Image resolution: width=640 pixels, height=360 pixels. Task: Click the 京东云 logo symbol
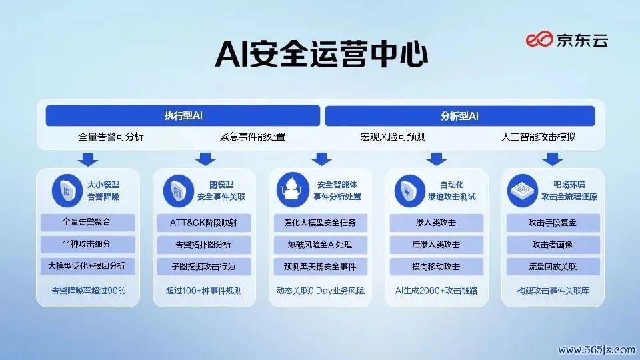coord(539,39)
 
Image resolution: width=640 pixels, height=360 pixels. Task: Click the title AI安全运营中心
coord(321,54)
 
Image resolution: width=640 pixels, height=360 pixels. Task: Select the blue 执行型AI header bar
coord(183,116)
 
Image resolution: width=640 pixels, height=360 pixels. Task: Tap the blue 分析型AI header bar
coord(459,116)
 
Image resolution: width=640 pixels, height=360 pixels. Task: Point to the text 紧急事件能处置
coord(252,137)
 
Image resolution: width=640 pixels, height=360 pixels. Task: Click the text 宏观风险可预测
coord(393,137)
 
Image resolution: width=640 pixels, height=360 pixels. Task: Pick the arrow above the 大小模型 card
coord(88,159)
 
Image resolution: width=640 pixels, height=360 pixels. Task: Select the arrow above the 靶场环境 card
coord(553,159)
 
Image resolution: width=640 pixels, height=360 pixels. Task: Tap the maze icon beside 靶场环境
coord(523,191)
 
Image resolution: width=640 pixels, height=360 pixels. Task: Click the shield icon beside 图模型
coord(179,191)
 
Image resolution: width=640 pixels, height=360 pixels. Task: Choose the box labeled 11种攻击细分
coord(87,244)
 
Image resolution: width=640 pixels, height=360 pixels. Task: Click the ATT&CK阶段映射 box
coord(204,223)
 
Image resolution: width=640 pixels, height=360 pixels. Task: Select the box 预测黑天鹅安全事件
coord(321,267)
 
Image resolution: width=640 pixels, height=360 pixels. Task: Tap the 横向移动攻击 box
coord(436,267)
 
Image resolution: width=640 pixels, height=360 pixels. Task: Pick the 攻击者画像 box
coord(553,245)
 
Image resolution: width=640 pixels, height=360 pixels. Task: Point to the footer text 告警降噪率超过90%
coord(88,291)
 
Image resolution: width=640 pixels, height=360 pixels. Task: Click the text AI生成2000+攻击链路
coord(436,291)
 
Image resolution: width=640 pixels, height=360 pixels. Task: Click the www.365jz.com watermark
coord(596,350)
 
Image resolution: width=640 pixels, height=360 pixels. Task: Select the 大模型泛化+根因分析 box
coord(87,266)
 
